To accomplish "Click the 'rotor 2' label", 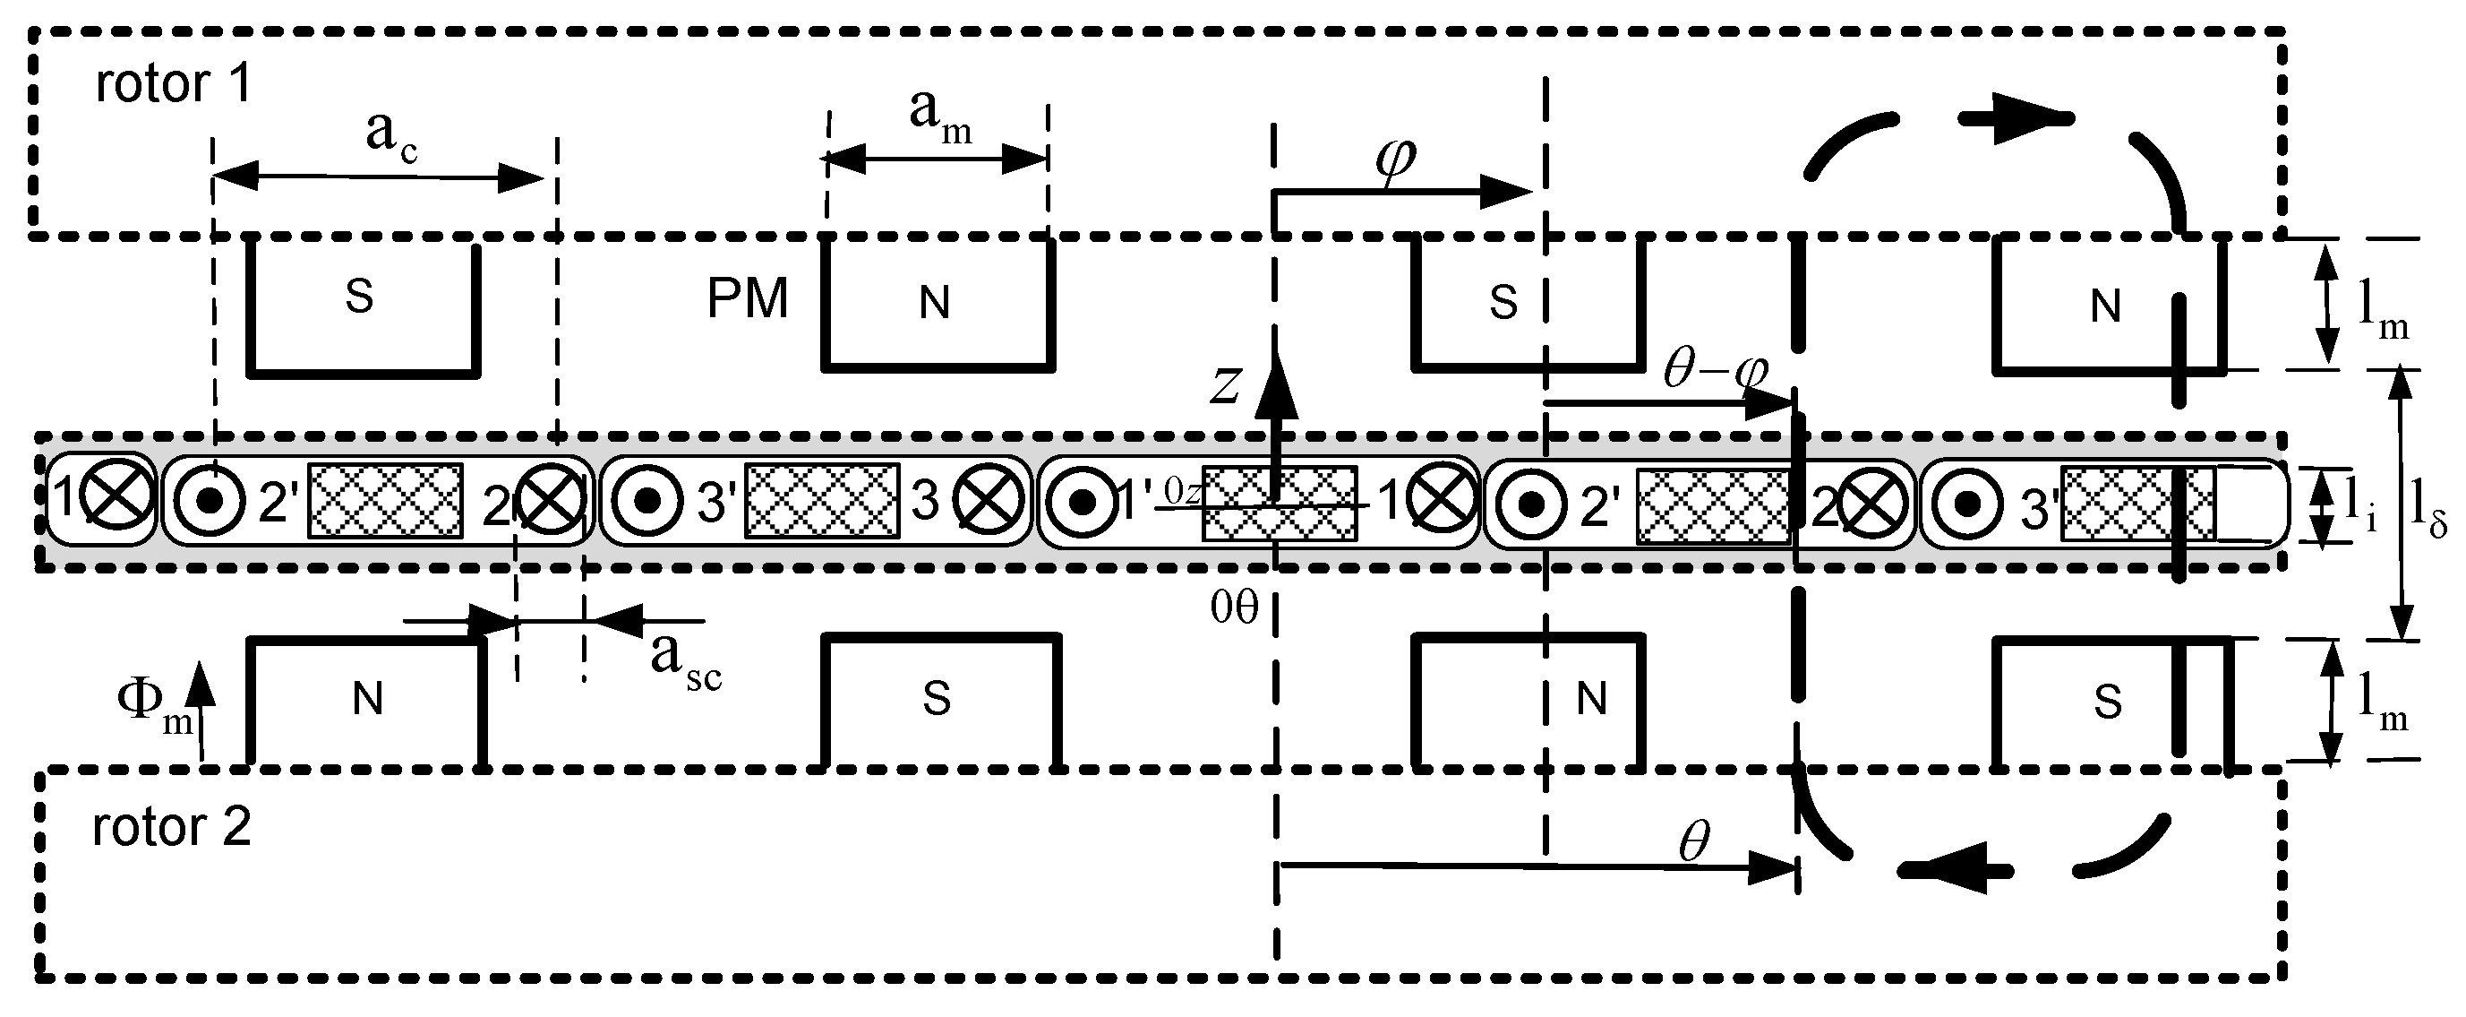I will pos(171,826).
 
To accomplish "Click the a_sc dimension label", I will pos(685,660).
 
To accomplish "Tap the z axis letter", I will pos(1224,385).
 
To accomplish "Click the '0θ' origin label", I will pos(1233,608).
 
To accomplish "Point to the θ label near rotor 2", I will pos(1693,840).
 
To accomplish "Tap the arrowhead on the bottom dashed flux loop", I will pos(1953,869).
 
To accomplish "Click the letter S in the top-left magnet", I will pos(359,297).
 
